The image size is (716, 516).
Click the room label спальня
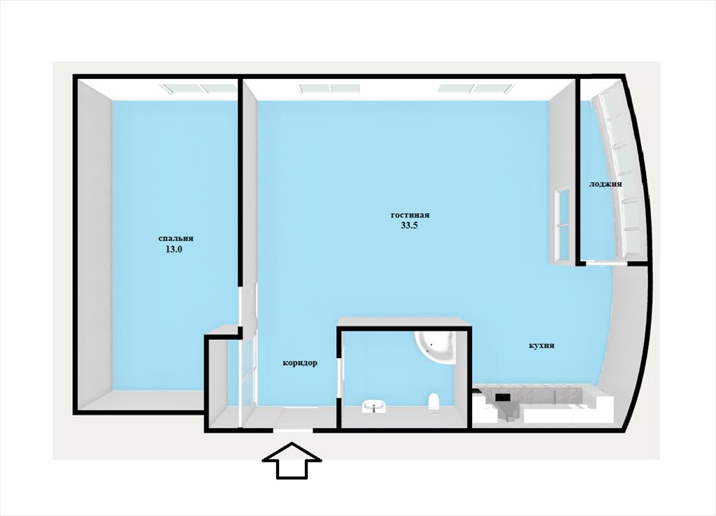coord(176,238)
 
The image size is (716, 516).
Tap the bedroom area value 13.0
coord(173,250)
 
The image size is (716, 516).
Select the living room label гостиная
coord(410,215)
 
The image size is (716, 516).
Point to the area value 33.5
coord(410,225)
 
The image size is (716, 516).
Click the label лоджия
coord(605,184)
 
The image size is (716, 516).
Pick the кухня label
coord(542,345)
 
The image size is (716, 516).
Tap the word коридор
coord(300,363)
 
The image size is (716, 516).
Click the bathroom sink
coord(375,406)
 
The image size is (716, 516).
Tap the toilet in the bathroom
coord(434,402)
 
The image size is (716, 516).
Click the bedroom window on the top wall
coord(199,89)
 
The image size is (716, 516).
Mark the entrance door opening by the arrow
coord(293,430)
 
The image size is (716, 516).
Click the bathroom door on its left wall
coord(339,378)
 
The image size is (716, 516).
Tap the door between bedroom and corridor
coord(241,306)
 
